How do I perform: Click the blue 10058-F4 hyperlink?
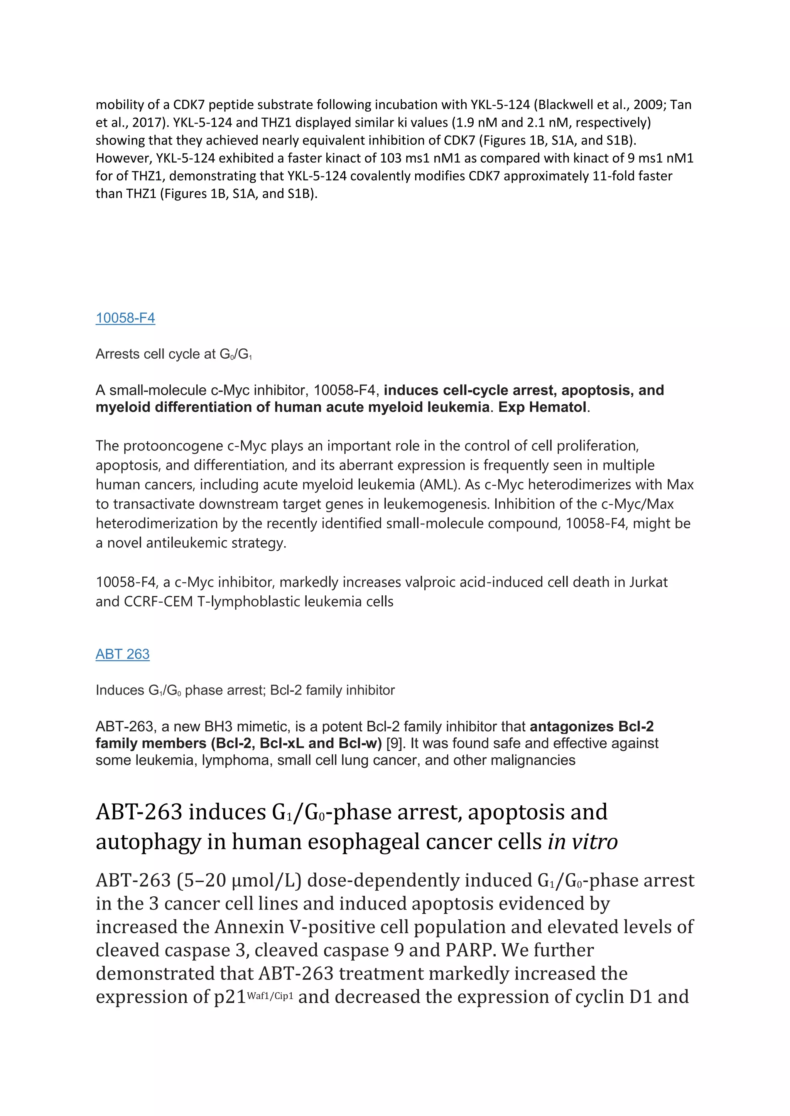coord(125,318)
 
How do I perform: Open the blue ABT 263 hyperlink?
coord(122,654)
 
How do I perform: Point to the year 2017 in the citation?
coord(147,123)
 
